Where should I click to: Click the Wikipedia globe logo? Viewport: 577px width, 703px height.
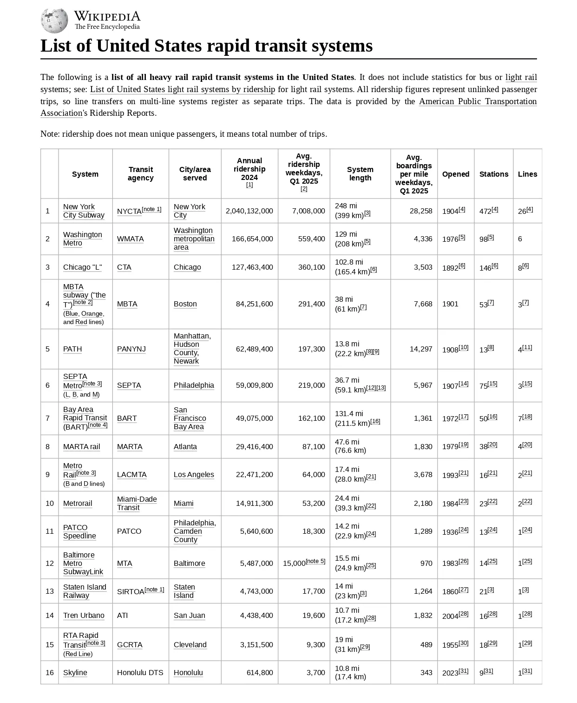[54, 21]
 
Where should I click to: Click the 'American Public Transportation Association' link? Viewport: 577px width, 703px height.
[478, 101]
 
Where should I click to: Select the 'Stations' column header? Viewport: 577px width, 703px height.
[493, 174]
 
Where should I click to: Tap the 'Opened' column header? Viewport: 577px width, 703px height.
[455, 174]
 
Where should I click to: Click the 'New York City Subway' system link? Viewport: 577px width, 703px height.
[84, 211]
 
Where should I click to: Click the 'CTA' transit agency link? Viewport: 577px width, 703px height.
[124, 267]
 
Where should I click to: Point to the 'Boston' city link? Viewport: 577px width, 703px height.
[185, 304]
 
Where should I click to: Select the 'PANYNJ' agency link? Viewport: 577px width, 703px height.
[131, 349]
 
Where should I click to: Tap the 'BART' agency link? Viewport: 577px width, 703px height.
[127, 418]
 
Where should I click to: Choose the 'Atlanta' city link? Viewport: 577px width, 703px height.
[185, 446]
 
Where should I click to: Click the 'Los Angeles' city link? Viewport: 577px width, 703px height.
[194, 474]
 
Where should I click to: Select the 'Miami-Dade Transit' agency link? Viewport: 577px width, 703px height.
[137, 503]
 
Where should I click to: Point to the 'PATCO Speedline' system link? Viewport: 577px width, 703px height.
[79, 531]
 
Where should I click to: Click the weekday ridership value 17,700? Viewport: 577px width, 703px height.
[314, 591]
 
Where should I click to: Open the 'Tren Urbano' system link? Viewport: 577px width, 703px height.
[84, 615]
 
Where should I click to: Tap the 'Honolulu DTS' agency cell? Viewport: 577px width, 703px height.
[140, 672]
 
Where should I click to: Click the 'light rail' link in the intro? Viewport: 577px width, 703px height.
[521, 77]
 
